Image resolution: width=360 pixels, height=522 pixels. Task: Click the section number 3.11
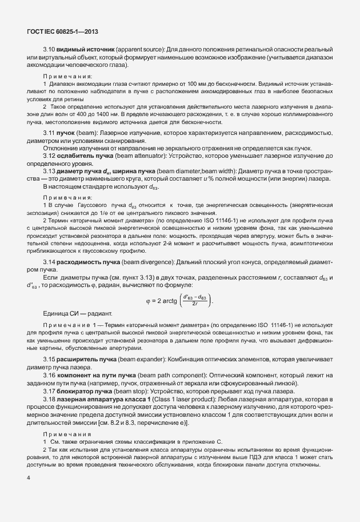pos(50,133)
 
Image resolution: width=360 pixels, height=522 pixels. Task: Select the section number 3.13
pos(50,170)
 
